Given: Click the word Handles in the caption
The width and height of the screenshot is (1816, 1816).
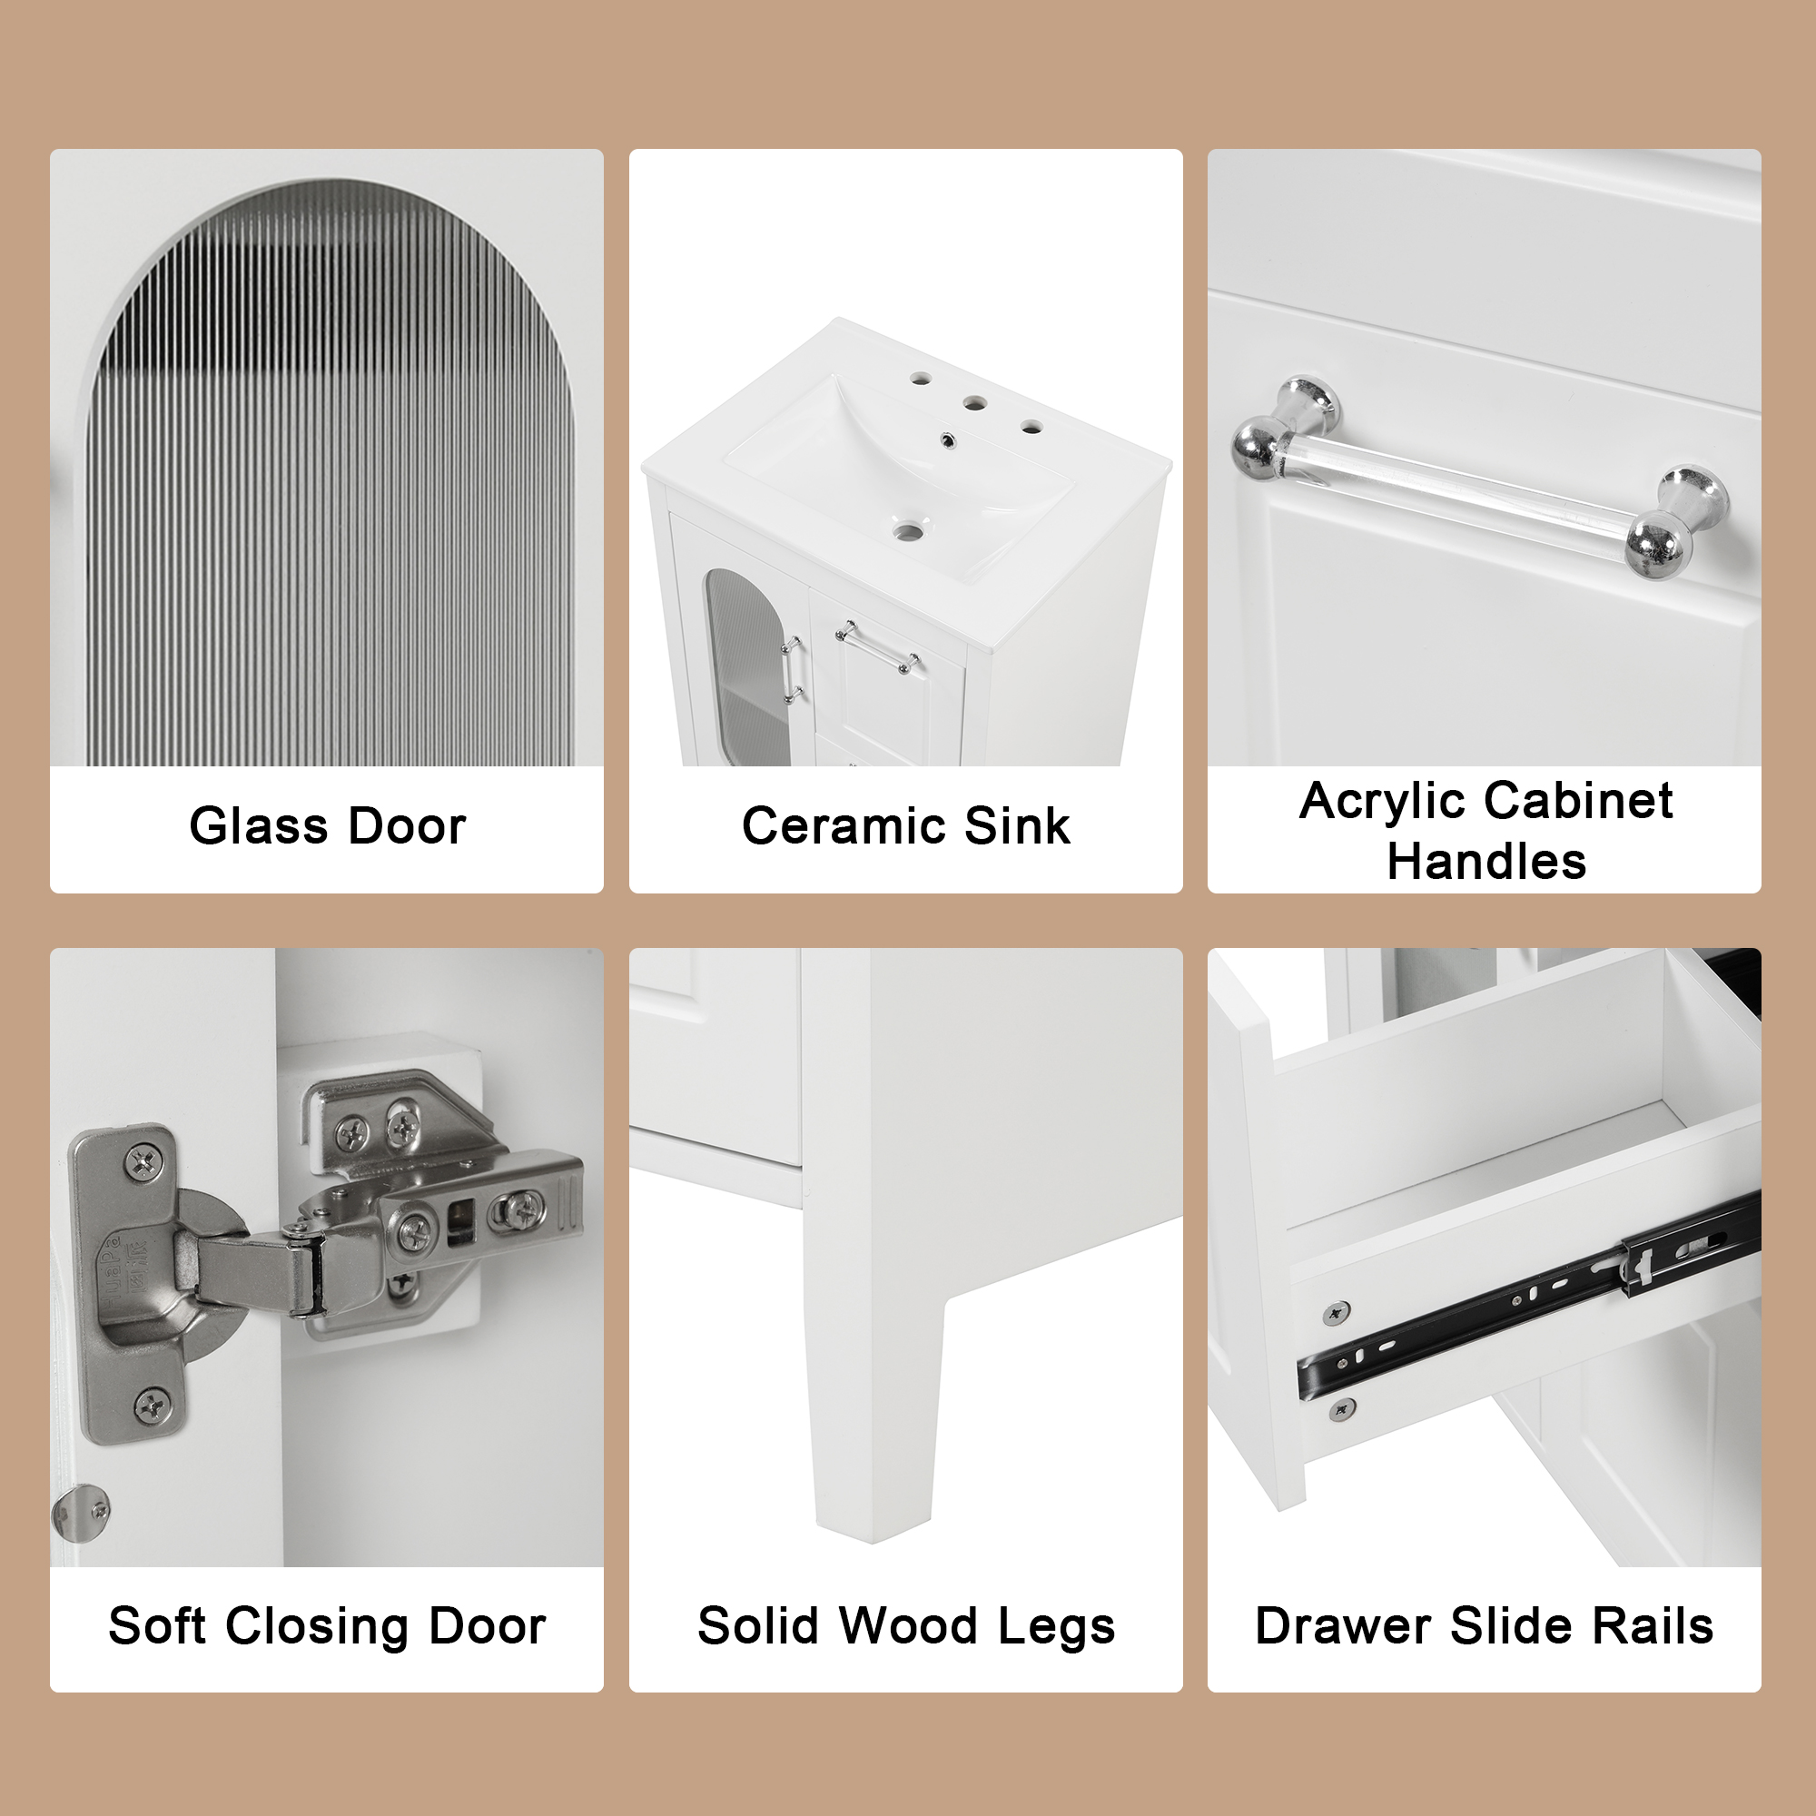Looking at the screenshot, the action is point(1486,861).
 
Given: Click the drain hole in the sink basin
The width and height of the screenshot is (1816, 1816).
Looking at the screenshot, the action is point(908,532).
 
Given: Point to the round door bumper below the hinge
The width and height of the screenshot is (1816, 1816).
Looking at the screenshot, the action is point(81,1515).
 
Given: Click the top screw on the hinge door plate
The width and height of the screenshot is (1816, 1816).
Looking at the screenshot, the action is point(143,1164).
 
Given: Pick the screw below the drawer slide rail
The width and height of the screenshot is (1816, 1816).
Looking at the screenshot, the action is point(1341,1409).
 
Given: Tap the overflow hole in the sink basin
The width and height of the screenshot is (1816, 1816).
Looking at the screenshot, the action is point(946,439).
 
